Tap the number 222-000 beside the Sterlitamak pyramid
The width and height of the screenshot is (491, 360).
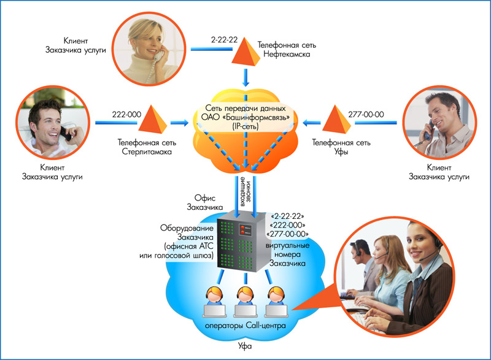[x=126, y=114]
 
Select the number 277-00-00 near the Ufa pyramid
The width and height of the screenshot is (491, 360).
[x=366, y=114]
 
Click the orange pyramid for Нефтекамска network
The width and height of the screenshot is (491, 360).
[x=245, y=51]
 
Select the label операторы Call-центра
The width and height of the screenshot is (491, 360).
[x=245, y=325]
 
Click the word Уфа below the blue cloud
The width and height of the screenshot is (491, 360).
[x=245, y=347]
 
